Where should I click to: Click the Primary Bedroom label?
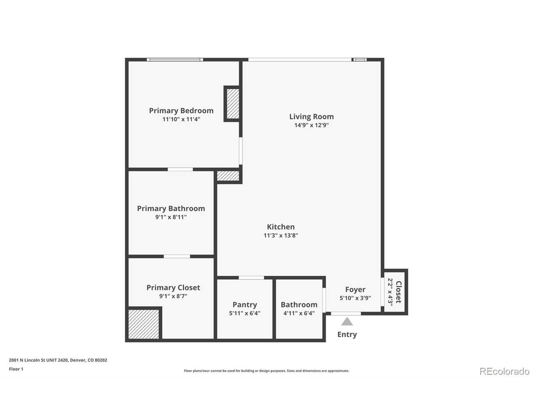(181, 111)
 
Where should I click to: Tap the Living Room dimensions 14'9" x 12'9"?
(311, 125)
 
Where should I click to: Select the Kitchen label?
(281, 227)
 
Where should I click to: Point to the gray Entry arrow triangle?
(347, 321)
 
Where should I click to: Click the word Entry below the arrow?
(347, 335)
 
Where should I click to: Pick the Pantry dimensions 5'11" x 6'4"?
(244, 313)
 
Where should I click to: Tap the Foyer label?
(355, 289)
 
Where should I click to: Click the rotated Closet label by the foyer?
(399, 292)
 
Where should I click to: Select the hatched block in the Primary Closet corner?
(144, 324)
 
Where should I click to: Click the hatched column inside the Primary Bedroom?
(233, 104)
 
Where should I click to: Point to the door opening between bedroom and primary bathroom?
(180, 169)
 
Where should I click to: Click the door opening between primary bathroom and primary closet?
(177, 257)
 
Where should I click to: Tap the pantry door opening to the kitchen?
(252, 277)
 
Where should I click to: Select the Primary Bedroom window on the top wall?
(175, 60)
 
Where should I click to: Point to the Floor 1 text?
(16, 369)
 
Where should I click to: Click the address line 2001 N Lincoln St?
(58, 360)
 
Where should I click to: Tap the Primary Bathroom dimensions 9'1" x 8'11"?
(171, 217)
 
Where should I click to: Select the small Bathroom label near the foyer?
(299, 305)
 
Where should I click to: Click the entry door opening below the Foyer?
(346, 313)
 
